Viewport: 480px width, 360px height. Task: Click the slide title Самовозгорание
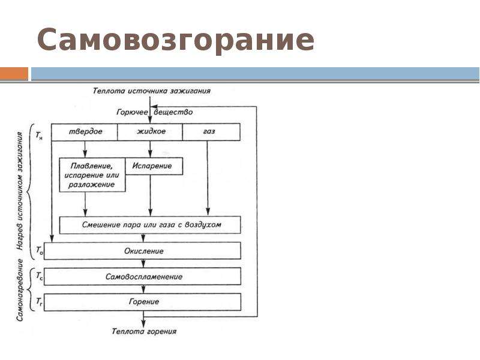click(x=175, y=40)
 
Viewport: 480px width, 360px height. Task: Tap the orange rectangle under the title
click(x=14, y=74)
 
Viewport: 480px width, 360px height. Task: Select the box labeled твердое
click(x=85, y=132)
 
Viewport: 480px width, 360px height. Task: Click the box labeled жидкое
click(x=150, y=132)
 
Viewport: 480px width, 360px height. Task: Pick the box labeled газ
click(x=211, y=132)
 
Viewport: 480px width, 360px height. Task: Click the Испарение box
click(x=154, y=166)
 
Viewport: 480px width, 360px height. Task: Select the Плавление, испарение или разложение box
click(x=92, y=175)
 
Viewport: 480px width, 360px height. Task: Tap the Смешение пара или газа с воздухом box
click(x=150, y=225)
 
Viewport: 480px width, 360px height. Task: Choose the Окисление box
click(x=142, y=251)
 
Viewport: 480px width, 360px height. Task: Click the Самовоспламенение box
click(x=142, y=277)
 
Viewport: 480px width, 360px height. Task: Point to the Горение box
click(x=142, y=302)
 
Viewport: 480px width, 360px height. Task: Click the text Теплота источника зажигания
click(x=152, y=91)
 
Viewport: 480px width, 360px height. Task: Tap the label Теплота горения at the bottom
click(x=144, y=331)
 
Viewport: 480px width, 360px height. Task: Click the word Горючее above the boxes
click(x=132, y=112)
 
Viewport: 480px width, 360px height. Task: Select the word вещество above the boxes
click(x=173, y=112)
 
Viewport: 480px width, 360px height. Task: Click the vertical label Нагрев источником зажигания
click(x=20, y=191)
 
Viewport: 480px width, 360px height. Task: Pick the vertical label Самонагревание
click(x=20, y=290)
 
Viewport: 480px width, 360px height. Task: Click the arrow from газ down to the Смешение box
click(x=208, y=178)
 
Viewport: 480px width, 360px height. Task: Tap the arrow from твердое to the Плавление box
click(x=85, y=149)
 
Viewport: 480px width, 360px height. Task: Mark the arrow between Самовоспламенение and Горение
click(x=143, y=289)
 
